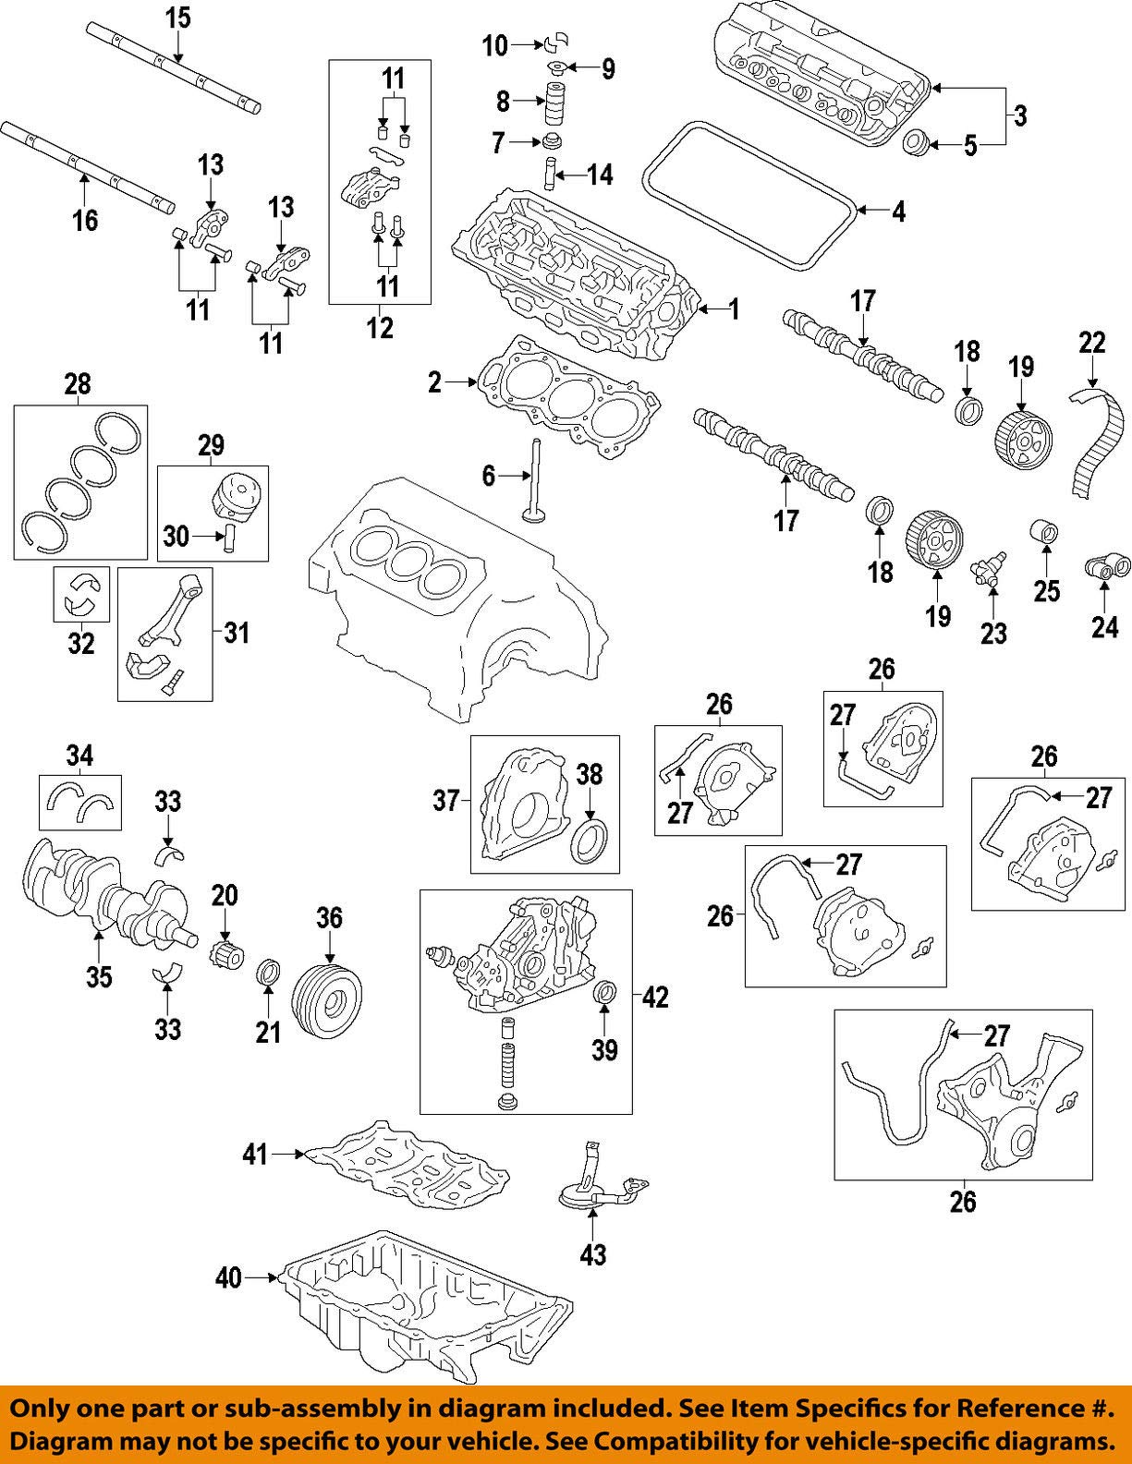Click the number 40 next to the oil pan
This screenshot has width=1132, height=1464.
(x=227, y=1278)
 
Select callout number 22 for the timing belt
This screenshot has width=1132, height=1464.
(x=1091, y=343)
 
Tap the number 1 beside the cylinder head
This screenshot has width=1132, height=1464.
(x=734, y=309)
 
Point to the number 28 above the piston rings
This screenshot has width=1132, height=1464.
(x=78, y=384)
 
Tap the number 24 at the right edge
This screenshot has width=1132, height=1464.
(x=1104, y=627)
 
